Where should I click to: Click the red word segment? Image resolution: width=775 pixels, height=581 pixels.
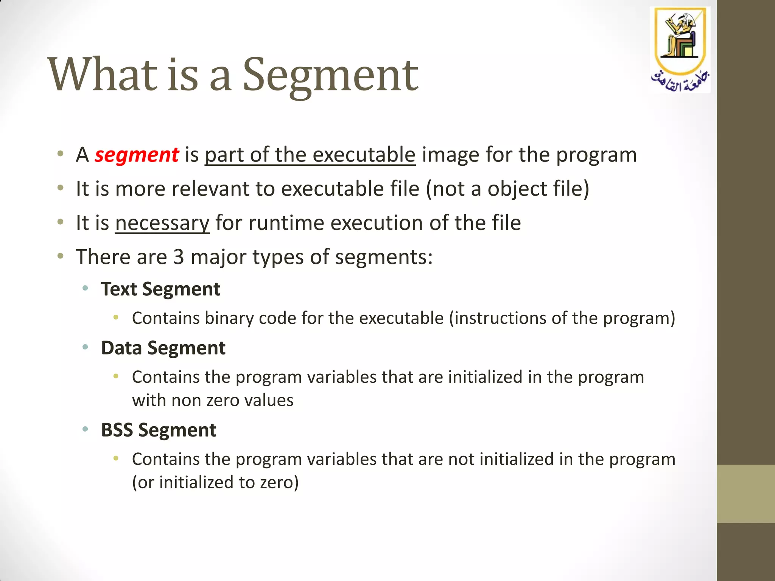tap(137, 155)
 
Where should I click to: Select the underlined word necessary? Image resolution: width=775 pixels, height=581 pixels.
tap(162, 223)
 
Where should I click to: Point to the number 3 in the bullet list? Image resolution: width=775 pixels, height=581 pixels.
tap(179, 257)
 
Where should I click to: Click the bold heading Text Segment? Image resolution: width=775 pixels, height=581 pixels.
tap(160, 289)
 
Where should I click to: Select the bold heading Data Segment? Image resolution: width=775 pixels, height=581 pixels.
tap(163, 348)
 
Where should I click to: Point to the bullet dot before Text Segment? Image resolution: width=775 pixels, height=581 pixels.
tap(86, 289)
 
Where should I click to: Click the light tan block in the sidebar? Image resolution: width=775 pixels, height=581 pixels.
tap(745, 494)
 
